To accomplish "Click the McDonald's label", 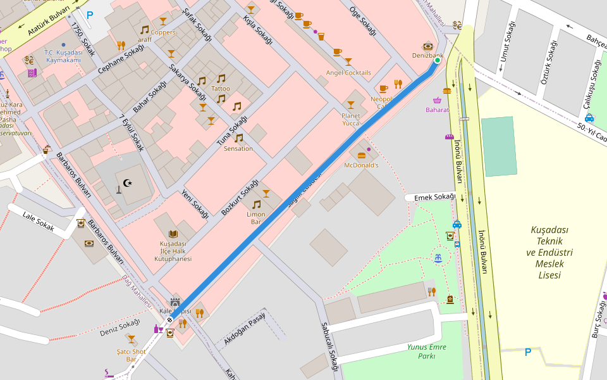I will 360,165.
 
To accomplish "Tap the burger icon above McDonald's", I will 362,155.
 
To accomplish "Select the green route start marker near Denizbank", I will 437,61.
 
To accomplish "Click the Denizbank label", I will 427,56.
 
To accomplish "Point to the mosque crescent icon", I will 128,183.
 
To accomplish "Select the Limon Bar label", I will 256,218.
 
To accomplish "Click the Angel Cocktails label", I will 348,73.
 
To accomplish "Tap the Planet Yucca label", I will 350,120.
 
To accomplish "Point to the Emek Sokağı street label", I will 434,198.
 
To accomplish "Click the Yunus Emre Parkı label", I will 427,351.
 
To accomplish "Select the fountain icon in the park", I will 438,257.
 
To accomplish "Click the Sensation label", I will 238,149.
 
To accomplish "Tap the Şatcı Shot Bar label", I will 131,355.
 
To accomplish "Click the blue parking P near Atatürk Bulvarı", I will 90,15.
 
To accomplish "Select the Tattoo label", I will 221,89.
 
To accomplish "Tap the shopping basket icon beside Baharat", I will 437,100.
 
